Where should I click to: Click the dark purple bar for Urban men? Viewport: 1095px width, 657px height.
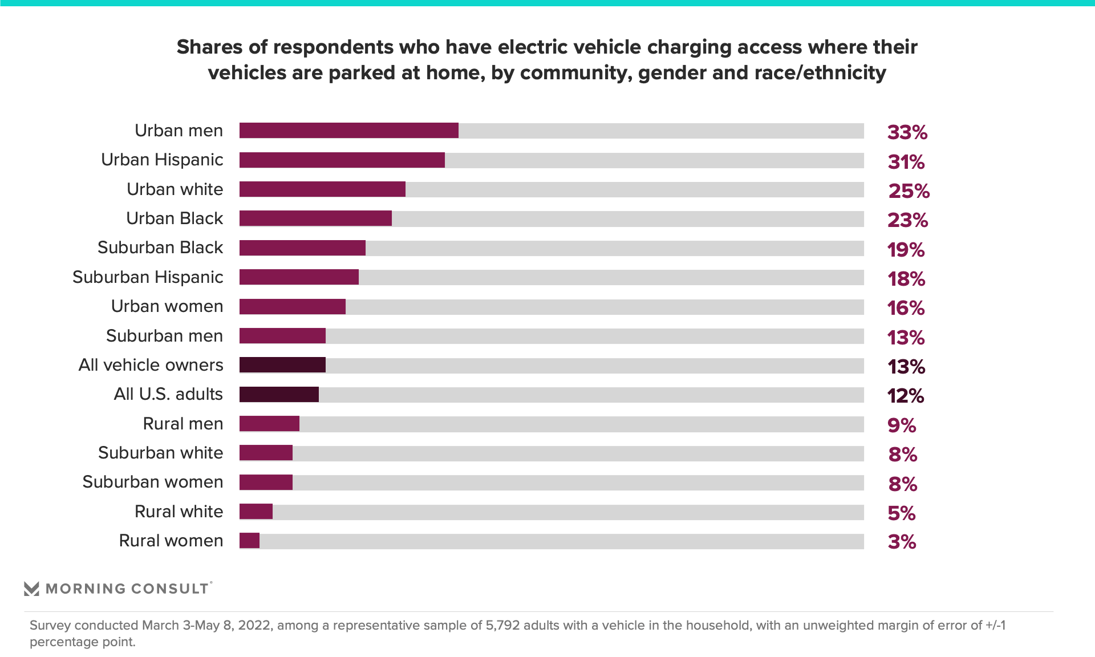pyautogui.click(x=348, y=131)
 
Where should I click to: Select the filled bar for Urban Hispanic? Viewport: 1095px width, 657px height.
pyautogui.click(x=342, y=160)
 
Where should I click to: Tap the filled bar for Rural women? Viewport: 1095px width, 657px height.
pyautogui.click(x=249, y=541)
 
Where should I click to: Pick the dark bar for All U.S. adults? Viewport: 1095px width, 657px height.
pyautogui.click(x=279, y=395)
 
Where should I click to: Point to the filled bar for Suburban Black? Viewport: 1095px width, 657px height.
pyautogui.click(x=302, y=248)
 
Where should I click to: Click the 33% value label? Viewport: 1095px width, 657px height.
pyautogui.click(x=907, y=132)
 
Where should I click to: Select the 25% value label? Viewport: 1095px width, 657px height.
pyautogui.click(x=909, y=191)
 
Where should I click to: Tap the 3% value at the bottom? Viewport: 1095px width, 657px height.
pyautogui.click(x=902, y=541)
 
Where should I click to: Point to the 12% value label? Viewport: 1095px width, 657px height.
pyautogui.click(x=906, y=396)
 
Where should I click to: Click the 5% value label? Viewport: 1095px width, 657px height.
pyautogui.click(x=902, y=513)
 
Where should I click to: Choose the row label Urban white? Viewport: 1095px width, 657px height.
pyautogui.click(x=175, y=189)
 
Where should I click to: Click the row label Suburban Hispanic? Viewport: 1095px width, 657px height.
pyautogui.click(x=148, y=277)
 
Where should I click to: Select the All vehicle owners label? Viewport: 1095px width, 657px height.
pyautogui.click(x=151, y=365)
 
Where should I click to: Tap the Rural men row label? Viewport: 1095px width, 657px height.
pyautogui.click(x=182, y=424)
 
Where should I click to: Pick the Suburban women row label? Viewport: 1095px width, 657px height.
pyautogui.click(x=152, y=482)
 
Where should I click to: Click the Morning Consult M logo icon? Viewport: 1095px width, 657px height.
pyautogui.click(x=32, y=589)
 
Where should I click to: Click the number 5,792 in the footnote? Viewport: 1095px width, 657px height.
pyautogui.click(x=502, y=625)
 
